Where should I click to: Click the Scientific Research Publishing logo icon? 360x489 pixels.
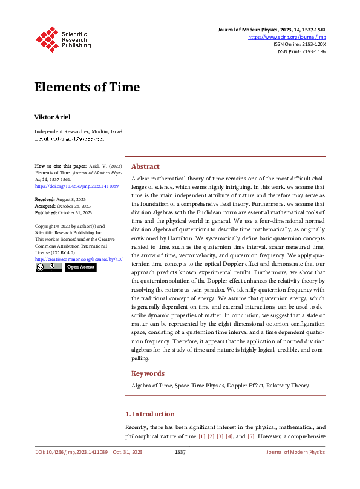(x=47, y=38)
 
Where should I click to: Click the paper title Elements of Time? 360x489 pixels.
(x=87, y=87)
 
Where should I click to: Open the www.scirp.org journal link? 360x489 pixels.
(x=287, y=38)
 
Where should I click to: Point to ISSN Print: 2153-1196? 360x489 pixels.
(x=301, y=51)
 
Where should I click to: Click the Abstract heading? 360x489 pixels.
(x=145, y=166)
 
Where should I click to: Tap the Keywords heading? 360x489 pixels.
(x=148, y=373)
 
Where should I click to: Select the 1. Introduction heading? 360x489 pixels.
(x=150, y=414)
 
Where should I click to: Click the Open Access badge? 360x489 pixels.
(x=80, y=267)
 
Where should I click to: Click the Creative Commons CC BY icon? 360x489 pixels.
(x=48, y=267)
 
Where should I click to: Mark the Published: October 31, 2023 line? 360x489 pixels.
(x=64, y=212)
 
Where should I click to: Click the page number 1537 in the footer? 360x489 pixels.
(x=180, y=452)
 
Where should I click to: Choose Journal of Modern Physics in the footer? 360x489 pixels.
(x=296, y=452)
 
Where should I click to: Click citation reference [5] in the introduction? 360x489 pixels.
(x=250, y=436)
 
